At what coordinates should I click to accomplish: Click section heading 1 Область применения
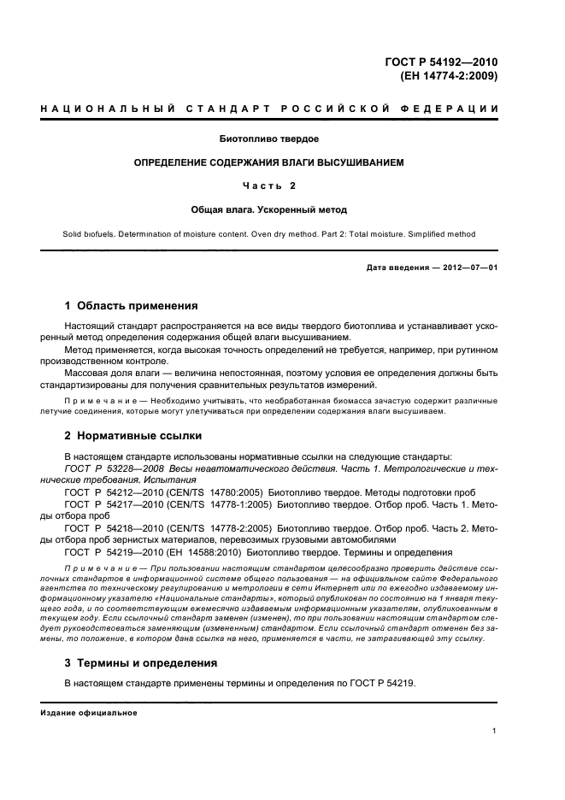coord(132,305)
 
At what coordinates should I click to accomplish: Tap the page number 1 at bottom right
coord(495,730)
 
